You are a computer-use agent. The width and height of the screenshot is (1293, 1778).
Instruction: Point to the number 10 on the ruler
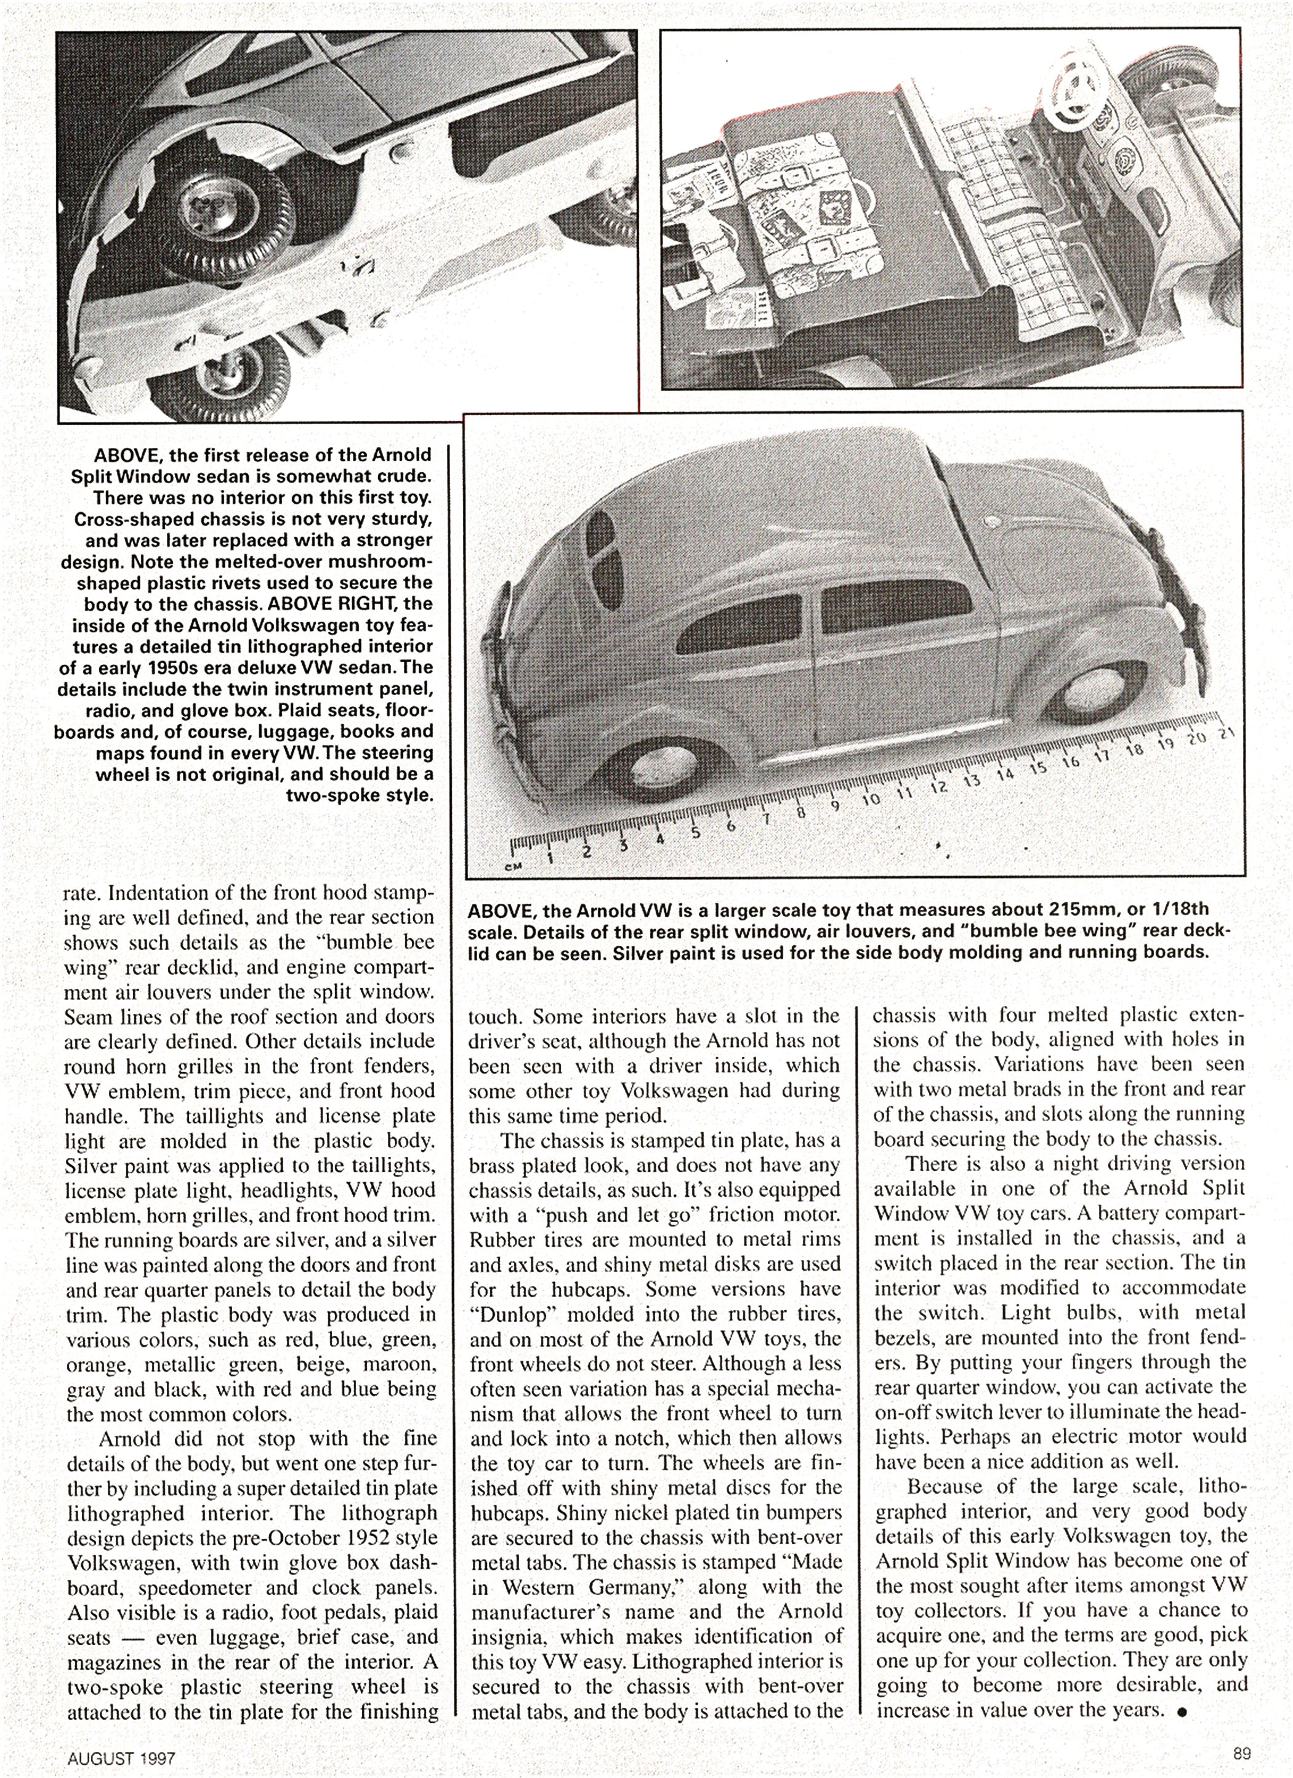[871, 800]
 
